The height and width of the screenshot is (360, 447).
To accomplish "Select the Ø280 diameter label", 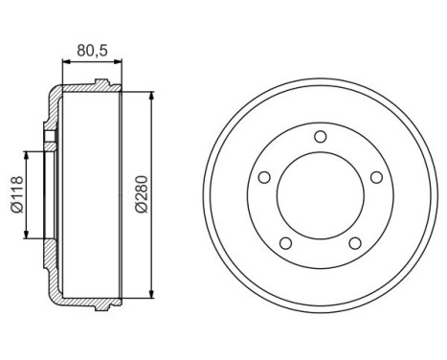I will [x=142, y=194].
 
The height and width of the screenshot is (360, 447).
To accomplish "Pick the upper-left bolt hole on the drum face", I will [x=264, y=176].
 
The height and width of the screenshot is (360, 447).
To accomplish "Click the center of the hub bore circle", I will [x=319, y=195].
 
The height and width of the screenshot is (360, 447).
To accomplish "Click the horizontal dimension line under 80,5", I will [x=93, y=60].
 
